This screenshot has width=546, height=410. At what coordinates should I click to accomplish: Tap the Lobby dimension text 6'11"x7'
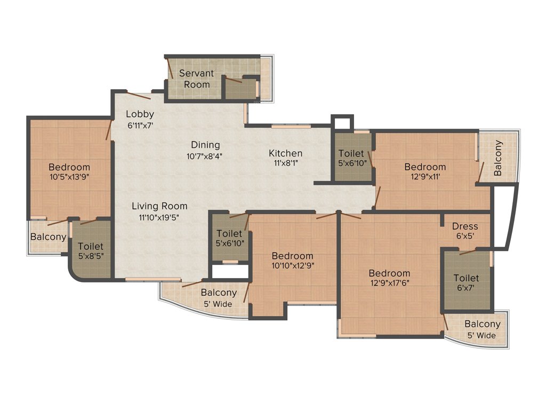coord(140,125)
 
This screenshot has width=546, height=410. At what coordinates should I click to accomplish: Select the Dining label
coord(205,145)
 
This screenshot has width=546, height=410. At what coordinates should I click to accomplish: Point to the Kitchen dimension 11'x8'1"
coord(285,163)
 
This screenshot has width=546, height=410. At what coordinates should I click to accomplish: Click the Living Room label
coord(159,206)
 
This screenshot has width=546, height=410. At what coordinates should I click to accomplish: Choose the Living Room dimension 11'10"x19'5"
coord(159,217)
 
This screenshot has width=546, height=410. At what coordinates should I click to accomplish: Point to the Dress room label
coord(464,226)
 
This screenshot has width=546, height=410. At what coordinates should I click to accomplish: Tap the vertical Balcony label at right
coord(498,158)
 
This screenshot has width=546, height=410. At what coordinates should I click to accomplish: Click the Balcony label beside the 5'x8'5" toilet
coord(48,236)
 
